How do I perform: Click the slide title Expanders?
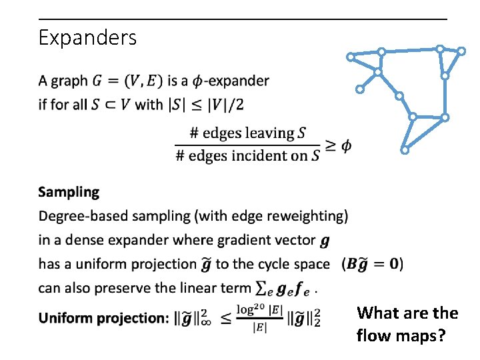point(87,37)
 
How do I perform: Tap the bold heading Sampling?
point(69,192)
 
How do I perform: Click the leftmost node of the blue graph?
point(351,57)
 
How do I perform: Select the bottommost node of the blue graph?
point(405,151)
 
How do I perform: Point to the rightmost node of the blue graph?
point(461,51)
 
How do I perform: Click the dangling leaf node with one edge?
point(359,89)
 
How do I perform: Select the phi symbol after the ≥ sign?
point(347,146)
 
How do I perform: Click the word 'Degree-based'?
point(79,216)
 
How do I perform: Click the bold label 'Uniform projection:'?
point(103,318)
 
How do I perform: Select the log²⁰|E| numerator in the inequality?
point(259,309)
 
